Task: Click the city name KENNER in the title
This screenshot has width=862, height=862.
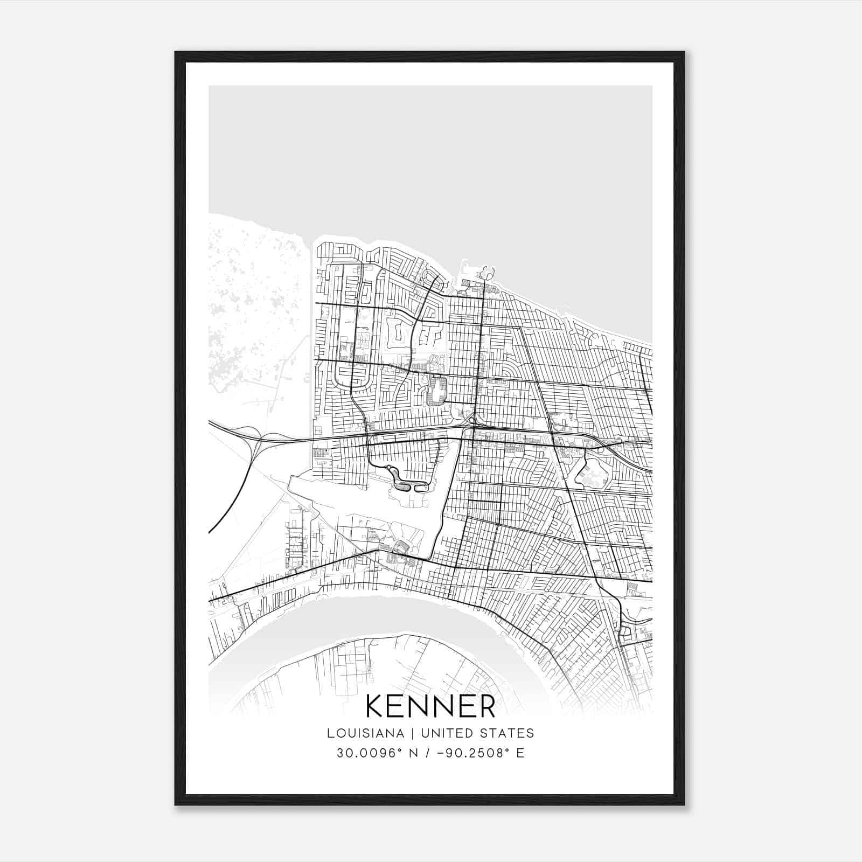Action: tap(430, 706)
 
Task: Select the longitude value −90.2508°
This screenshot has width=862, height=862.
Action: tap(471, 753)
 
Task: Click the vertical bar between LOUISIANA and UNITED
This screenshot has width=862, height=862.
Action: tap(412, 733)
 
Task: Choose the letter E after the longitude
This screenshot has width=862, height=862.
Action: tap(520, 753)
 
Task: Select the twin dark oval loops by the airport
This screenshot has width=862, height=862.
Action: tap(412, 486)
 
